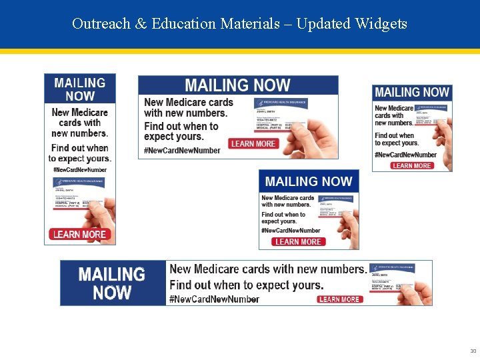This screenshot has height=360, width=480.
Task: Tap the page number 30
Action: click(473, 351)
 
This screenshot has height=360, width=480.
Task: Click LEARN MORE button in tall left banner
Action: click(79, 234)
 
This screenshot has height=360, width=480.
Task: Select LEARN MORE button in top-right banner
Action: click(411, 165)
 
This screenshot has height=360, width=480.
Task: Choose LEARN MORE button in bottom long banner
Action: click(339, 299)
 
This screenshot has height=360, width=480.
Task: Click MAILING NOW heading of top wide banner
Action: click(237, 85)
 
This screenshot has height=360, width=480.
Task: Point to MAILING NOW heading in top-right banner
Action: click(411, 93)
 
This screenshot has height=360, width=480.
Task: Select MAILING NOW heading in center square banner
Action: click(308, 181)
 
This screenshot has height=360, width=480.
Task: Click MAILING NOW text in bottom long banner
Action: click(111, 283)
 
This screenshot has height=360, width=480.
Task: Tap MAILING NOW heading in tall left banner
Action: click(79, 89)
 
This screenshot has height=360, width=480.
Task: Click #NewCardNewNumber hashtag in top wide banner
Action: click(182, 151)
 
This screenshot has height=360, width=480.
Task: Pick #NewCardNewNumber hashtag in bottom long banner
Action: click(214, 299)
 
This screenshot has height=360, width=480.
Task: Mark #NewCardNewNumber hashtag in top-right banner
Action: click(405, 155)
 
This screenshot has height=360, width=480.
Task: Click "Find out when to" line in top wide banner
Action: click(181, 126)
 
